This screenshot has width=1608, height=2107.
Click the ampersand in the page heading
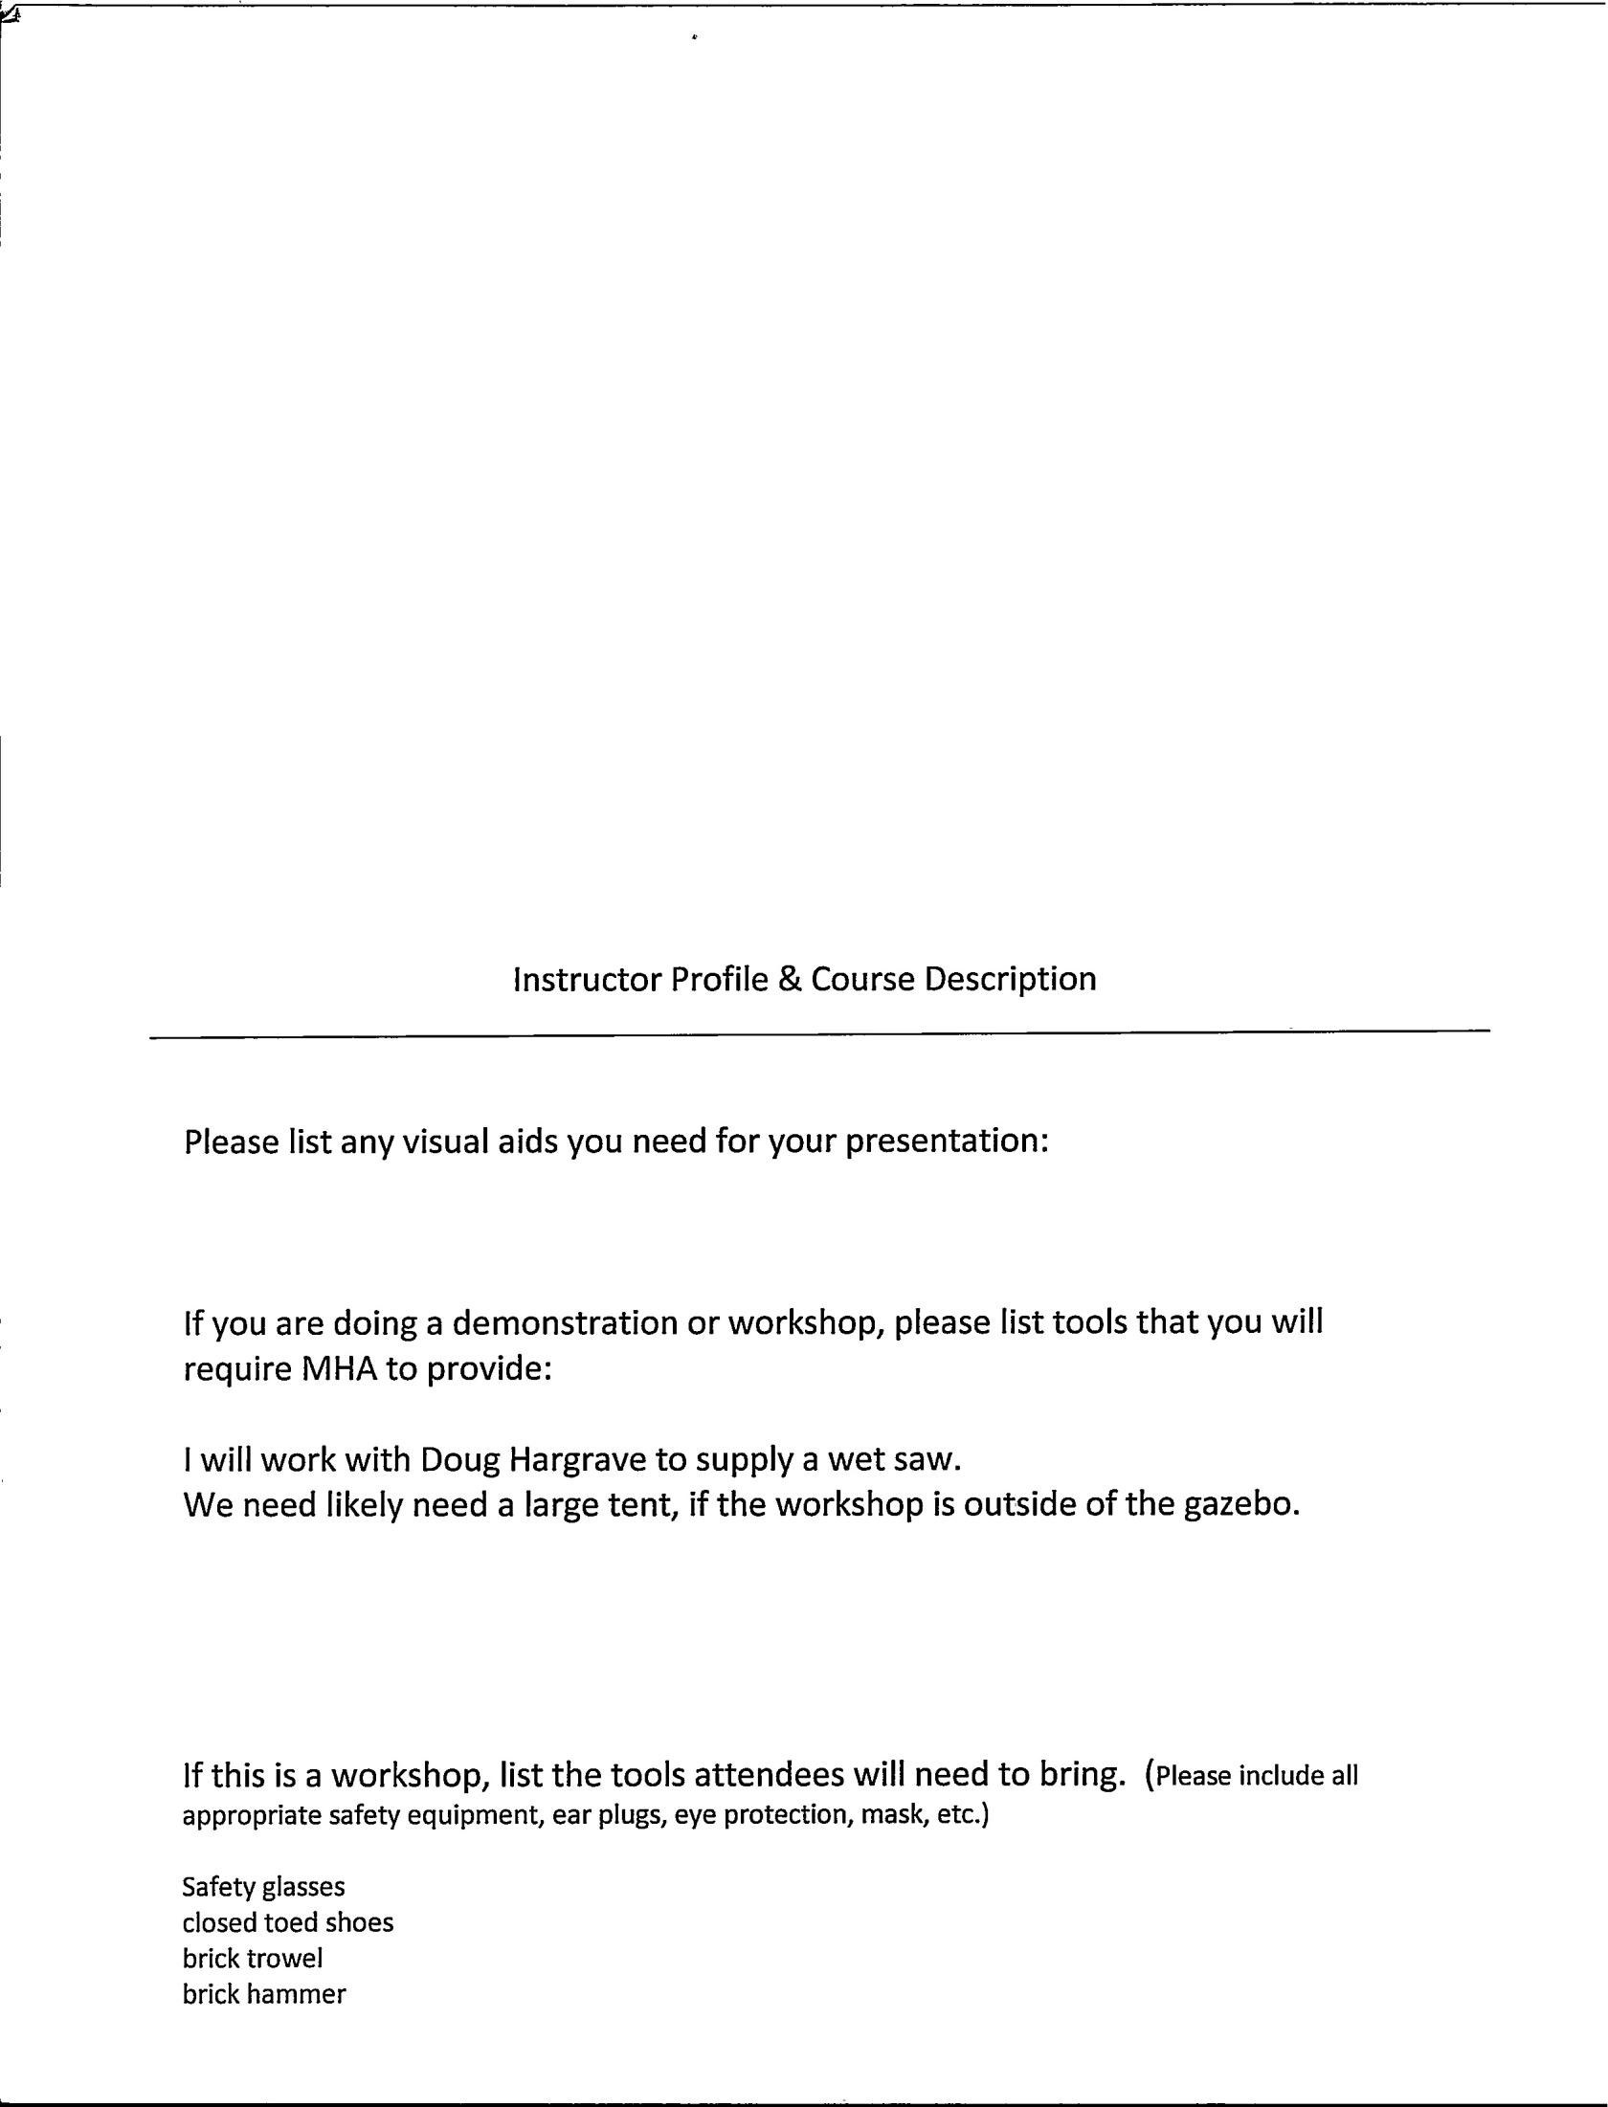[791, 979]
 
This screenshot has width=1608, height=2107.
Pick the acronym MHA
[340, 1369]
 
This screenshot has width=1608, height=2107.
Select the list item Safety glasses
[263, 1887]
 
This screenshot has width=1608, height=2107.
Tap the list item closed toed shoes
[287, 1922]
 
